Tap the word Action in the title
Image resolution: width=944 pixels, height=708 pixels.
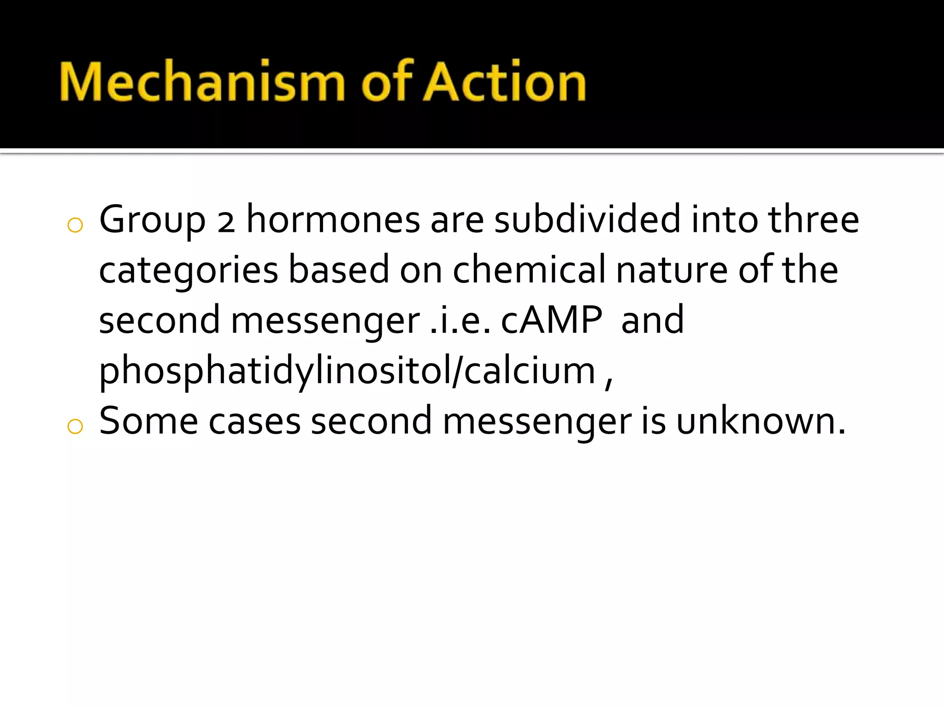pyautogui.click(x=505, y=82)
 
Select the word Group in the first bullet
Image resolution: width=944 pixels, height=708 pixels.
pyautogui.click(x=152, y=220)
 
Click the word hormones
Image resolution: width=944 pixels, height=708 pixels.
pyautogui.click(x=333, y=219)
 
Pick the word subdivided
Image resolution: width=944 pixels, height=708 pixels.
pyautogui.click(x=587, y=219)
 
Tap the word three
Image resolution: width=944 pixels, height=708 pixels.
pyautogui.click(x=813, y=219)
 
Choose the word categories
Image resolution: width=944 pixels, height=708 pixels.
pyautogui.click(x=189, y=271)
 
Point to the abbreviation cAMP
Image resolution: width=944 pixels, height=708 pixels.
pyautogui.click(x=551, y=320)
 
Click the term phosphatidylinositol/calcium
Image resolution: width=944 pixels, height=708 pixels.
pyautogui.click(x=347, y=372)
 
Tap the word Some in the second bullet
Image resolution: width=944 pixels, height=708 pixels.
pyautogui.click(x=148, y=420)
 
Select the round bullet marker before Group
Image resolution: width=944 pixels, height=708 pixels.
pyautogui.click(x=75, y=225)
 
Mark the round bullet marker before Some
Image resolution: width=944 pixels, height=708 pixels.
pyautogui.click(x=75, y=426)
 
